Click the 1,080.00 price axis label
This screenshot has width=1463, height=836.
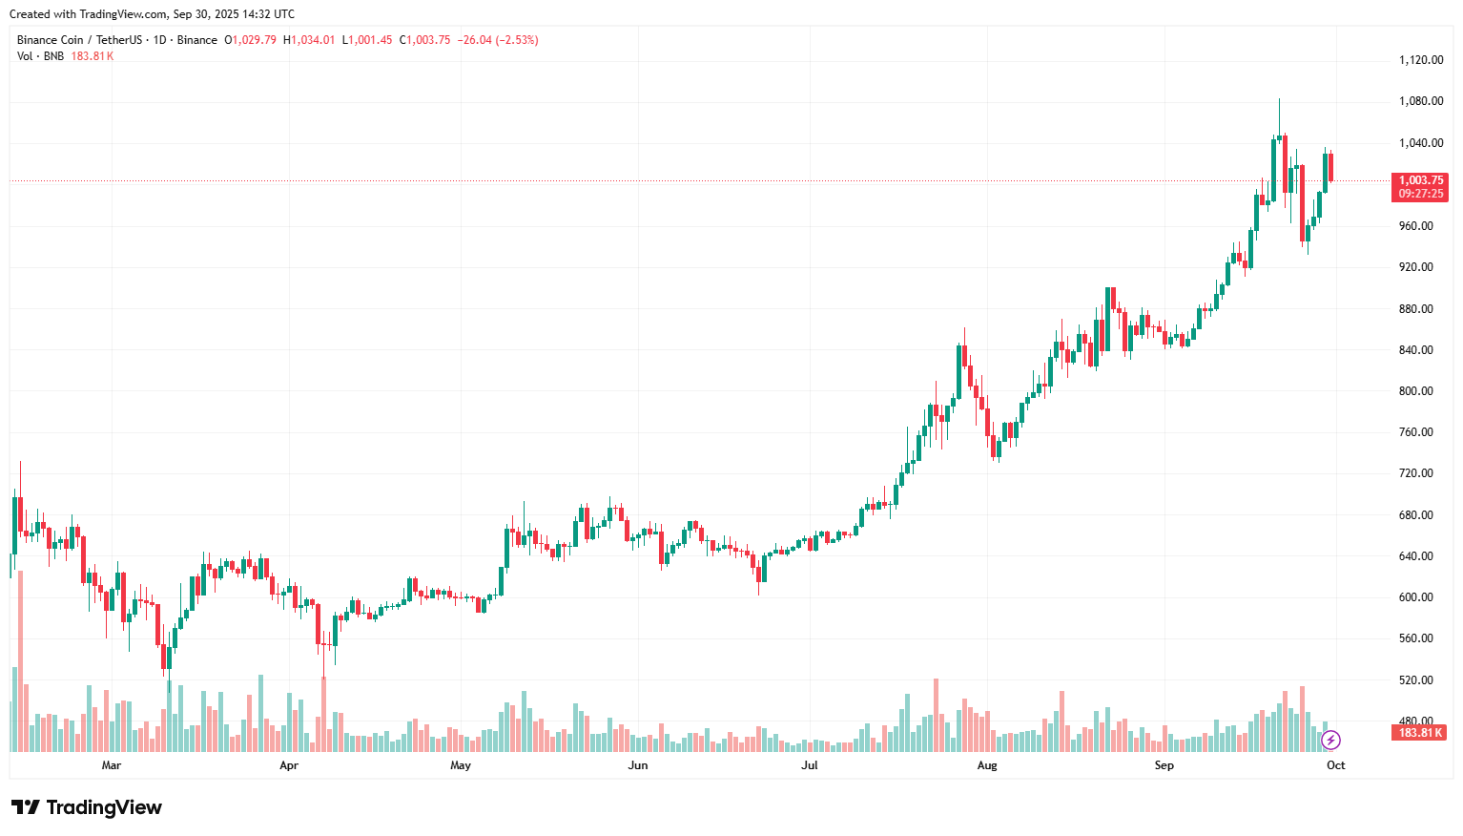pos(1420,101)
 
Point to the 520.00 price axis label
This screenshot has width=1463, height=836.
pos(1415,680)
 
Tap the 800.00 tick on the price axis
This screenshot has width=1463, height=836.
pos(1415,391)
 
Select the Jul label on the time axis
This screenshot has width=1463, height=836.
pos(809,765)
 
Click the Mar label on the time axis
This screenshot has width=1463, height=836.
pos(112,765)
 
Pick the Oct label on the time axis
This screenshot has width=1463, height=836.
pos(1335,765)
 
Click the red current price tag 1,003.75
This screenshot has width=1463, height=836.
pos(1420,180)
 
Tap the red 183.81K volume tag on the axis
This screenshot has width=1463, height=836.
pos(1420,733)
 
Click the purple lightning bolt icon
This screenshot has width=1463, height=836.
pos(1330,740)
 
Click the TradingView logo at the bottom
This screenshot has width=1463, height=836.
pos(87,807)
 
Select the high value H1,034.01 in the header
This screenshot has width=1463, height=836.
pos(309,40)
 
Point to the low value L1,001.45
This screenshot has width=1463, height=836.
pos(367,40)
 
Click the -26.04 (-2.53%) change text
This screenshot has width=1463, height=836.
pos(498,40)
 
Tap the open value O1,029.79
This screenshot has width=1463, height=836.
pos(250,40)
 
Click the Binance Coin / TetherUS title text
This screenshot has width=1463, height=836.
pos(79,40)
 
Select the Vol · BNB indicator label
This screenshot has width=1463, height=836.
pos(40,56)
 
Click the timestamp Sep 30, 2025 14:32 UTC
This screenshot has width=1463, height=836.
pos(234,14)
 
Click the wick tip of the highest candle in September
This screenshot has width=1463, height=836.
pos(1279,99)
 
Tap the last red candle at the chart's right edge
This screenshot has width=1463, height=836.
pos(1330,167)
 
